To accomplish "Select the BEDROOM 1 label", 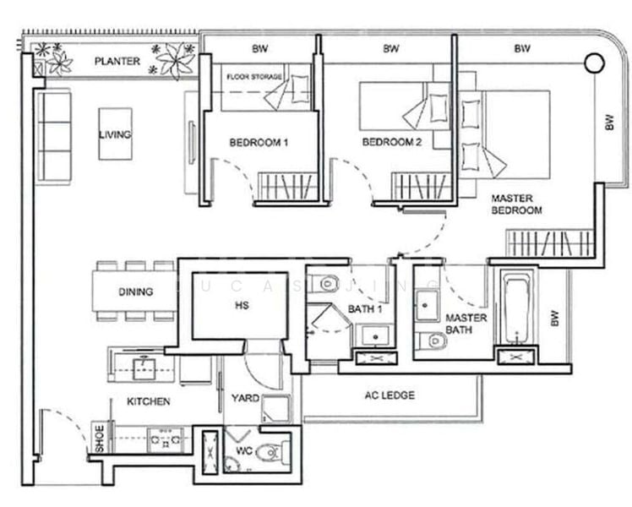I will (x=259, y=143).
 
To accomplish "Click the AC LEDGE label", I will (x=389, y=395).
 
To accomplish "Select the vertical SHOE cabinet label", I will (x=100, y=440).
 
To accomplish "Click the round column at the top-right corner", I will (x=594, y=61).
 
